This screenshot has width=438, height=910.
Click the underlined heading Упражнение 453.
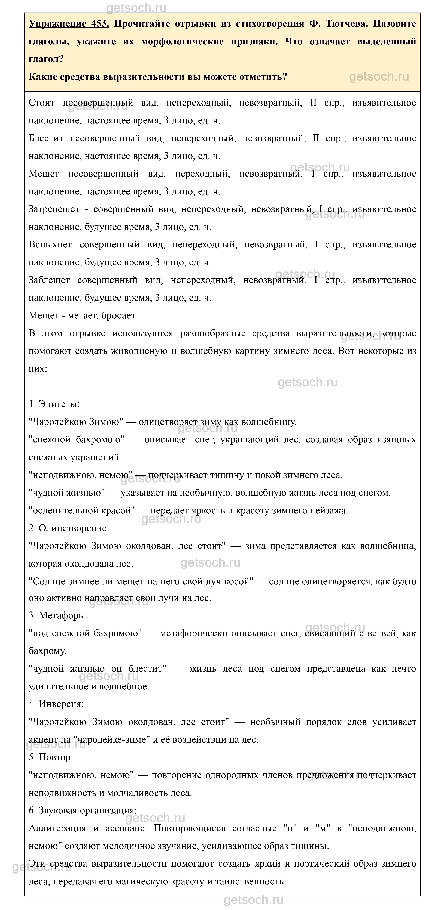click(69, 24)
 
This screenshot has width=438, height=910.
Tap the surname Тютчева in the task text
click(346, 24)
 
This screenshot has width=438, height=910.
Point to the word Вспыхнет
click(50, 244)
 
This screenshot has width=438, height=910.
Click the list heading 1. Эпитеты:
click(54, 404)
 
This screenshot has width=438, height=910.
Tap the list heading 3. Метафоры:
click(58, 615)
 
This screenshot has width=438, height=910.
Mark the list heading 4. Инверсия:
click(56, 704)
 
